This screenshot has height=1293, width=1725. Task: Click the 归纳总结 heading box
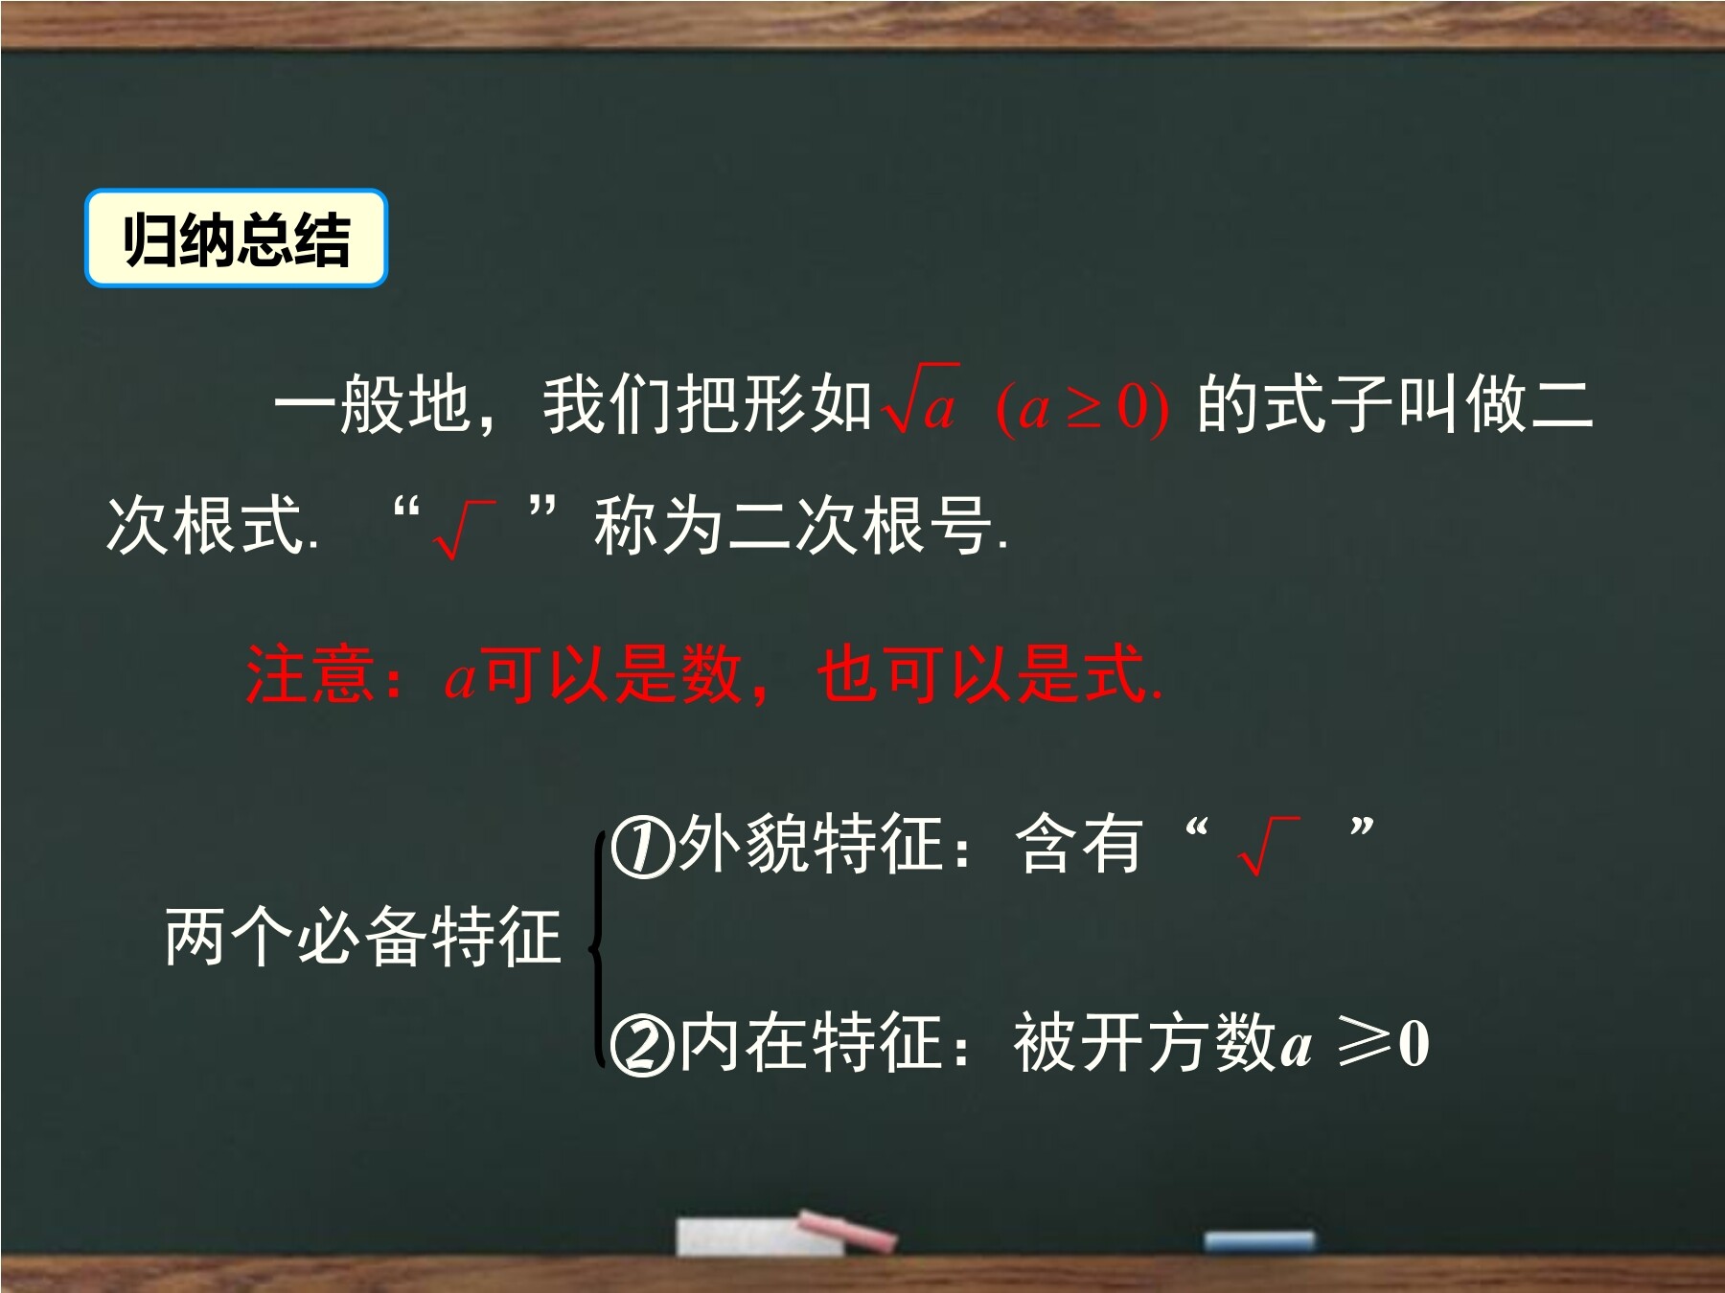[x=236, y=238]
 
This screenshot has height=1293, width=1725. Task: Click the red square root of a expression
[x=921, y=400]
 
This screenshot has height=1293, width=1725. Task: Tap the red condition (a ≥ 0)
[x=1083, y=407]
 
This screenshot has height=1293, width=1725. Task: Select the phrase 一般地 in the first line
[x=373, y=404]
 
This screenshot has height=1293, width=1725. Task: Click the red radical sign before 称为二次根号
[x=464, y=529]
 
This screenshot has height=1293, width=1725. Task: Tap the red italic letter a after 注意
[x=460, y=678]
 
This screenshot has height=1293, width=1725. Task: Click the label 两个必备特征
[x=363, y=937]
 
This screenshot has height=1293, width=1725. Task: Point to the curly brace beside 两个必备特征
[x=597, y=948]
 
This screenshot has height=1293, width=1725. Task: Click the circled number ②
[x=642, y=1045]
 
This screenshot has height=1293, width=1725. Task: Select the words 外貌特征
[x=810, y=844]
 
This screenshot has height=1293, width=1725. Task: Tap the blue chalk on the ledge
[x=1258, y=1241]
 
